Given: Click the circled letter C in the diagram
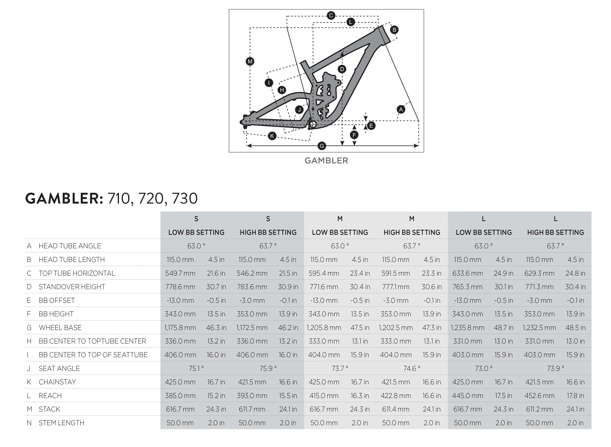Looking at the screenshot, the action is pyautogui.click(x=331, y=15).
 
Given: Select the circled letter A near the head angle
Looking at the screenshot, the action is pyautogui.click(x=401, y=109).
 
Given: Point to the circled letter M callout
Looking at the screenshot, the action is pyautogui.click(x=250, y=61).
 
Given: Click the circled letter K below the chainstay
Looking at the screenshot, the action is pyautogui.click(x=272, y=136).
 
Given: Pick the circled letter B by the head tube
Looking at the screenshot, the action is pyautogui.click(x=394, y=30).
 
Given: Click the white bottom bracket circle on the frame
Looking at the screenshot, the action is pyautogui.click(x=313, y=124).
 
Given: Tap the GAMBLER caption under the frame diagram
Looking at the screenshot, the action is pyautogui.click(x=326, y=161).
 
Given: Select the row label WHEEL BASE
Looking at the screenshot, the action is pyautogui.click(x=60, y=328).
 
